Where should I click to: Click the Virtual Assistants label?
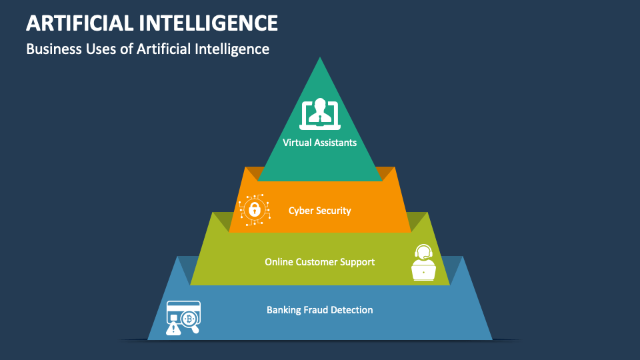(320, 142)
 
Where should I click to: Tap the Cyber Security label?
(320, 211)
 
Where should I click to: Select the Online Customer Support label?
(320, 262)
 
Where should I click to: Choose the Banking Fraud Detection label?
(320, 310)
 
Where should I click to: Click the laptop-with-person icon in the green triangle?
(320, 114)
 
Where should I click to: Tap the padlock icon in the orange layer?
(254, 209)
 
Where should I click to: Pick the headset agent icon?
(423, 263)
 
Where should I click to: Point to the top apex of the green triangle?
(320, 59)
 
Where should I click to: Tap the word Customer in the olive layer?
(320, 262)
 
